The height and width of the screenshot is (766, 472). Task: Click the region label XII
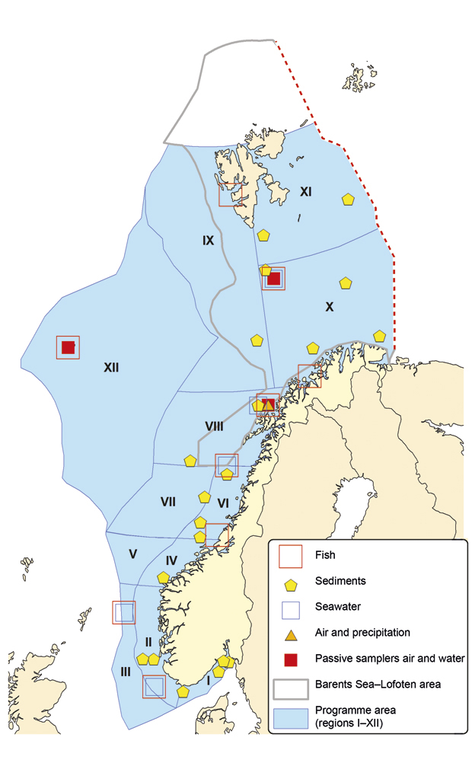click(x=112, y=367)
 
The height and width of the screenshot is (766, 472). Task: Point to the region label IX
click(x=208, y=241)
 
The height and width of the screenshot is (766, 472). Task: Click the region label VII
click(x=168, y=502)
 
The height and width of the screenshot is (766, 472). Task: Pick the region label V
click(x=132, y=554)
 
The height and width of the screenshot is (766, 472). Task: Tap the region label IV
click(x=171, y=560)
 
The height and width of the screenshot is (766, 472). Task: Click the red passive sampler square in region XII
click(x=68, y=347)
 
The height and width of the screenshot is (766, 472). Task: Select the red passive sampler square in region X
click(x=274, y=279)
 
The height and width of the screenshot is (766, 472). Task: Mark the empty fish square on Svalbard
click(x=230, y=194)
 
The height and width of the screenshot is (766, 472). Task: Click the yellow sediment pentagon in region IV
click(x=163, y=578)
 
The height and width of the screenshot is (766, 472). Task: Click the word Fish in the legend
click(x=326, y=555)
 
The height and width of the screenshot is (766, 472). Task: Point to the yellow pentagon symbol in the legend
click(x=290, y=582)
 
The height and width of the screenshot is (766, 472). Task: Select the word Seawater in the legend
click(x=338, y=606)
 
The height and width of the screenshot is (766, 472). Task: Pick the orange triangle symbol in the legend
click(x=290, y=632)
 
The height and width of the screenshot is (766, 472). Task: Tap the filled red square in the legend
click(x=290, y=658)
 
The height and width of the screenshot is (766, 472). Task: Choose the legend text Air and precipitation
click(x=363, y=632)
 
